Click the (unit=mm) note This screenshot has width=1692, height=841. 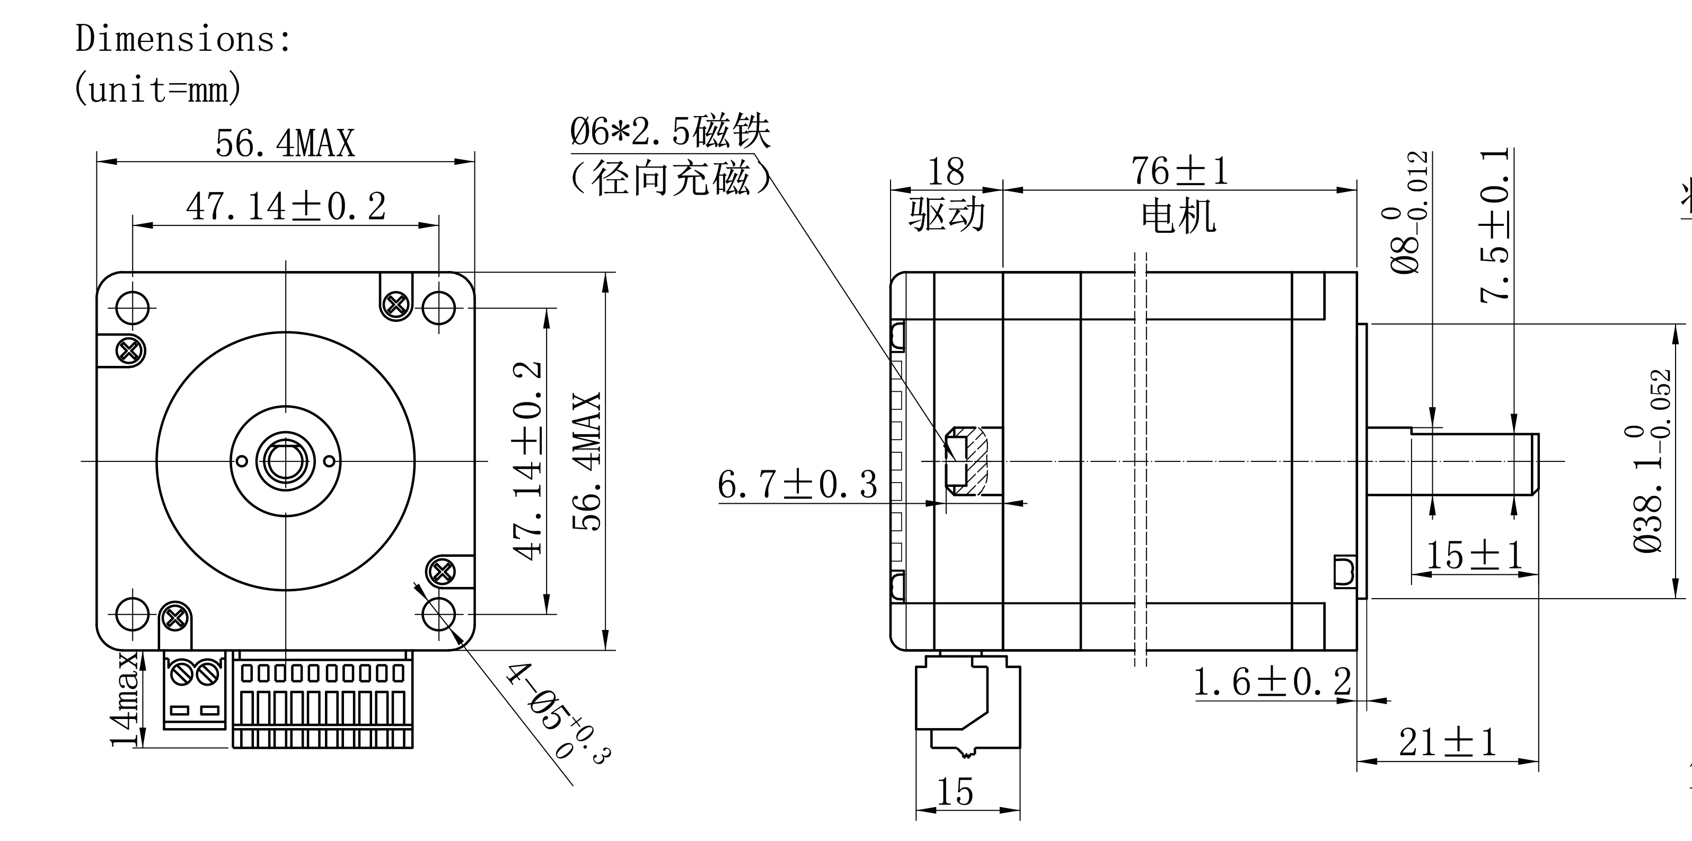pyautogui.click(x=157, y=89)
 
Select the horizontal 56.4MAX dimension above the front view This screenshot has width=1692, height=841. pyautogui.click(x=285, y=143)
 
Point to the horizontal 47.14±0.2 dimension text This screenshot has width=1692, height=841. pyautogui.click(x=286, y=206)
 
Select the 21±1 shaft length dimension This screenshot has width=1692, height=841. pyautogui.click(x=1448, y=743)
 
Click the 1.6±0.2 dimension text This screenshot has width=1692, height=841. pyautogui.click(x=1272, y=682)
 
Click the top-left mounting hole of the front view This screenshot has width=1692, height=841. pyautogui.click(x=132, y=308)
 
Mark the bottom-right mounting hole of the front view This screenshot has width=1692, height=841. pyautogui.click(x=439, y=615)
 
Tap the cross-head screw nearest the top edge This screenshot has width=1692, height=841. pyautogui.click(x=396, y=304)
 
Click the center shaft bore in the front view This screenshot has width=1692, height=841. pyautogui.click(x=286, y=461)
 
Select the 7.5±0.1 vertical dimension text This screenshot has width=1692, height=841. pyautogui.click(x=1495, y=225)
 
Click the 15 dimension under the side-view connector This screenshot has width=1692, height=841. pyautogui.click(x=954, y=792)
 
